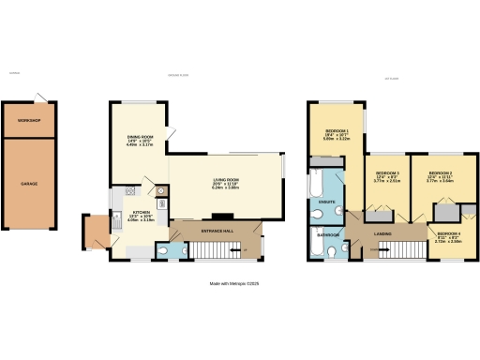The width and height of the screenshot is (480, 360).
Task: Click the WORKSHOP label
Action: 32,120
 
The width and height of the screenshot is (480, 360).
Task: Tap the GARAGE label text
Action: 30,184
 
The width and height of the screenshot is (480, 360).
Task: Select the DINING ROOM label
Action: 141,138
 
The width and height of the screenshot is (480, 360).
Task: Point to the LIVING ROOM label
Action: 226,179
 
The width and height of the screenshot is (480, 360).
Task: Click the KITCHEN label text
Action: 123,216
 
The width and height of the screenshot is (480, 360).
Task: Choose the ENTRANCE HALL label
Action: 216,229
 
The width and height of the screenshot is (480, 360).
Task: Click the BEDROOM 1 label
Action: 337,130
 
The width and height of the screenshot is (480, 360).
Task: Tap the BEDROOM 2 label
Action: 441,173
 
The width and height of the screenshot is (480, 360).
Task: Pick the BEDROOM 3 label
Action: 387,173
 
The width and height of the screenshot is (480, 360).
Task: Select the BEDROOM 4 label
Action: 448,232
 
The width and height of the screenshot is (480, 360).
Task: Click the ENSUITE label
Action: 328,202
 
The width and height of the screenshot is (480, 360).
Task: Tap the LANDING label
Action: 382,232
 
